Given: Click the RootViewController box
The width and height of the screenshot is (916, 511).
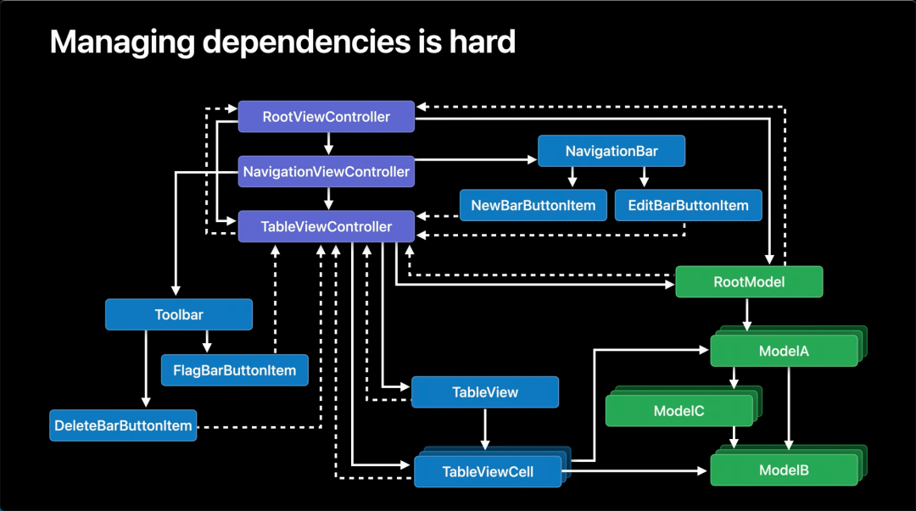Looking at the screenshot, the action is [326, 116].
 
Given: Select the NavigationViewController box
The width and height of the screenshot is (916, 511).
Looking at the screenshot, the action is [326, 171].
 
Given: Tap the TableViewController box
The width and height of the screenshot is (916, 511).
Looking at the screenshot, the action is [326, 226].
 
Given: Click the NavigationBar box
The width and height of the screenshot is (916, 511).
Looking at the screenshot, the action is [611, 151].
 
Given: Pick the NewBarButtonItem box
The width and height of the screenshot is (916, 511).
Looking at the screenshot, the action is [533, 205].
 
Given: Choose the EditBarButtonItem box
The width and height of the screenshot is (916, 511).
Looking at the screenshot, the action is [688, 205].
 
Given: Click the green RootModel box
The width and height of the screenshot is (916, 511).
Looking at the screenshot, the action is [749, 281].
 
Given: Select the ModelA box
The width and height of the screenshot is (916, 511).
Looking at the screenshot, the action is [784, 350].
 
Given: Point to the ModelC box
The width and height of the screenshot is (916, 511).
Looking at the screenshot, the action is [679, 410].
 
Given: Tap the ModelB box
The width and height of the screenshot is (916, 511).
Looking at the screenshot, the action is [784, 470].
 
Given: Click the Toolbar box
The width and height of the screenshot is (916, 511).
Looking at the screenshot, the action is [179, 314].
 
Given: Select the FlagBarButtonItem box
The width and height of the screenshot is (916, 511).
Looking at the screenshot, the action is [235, 369].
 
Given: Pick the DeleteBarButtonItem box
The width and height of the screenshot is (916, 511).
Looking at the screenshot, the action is [123, 425].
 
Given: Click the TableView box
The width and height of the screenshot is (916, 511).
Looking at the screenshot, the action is [485, 392].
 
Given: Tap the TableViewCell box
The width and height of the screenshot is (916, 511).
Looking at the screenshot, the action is [488, 471].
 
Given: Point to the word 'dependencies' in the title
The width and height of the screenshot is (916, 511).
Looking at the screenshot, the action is [307, 42].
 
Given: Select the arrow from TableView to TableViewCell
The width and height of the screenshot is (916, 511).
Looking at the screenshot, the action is [485, 429].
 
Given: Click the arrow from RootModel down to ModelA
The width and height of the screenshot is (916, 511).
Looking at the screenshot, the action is [746, 314].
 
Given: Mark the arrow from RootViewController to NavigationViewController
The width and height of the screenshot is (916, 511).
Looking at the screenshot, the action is [328, 144].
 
